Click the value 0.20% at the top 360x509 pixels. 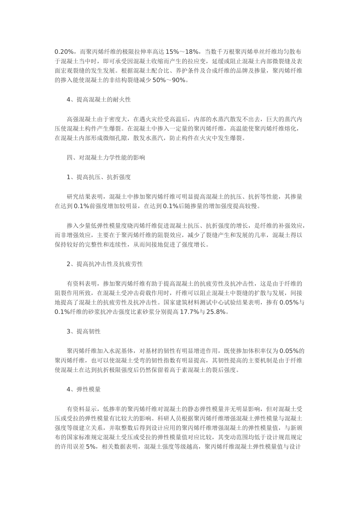(x=63, y=52)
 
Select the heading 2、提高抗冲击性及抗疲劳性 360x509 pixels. (x=105, y=264)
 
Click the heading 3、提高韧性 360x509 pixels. (x=84, y=331)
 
